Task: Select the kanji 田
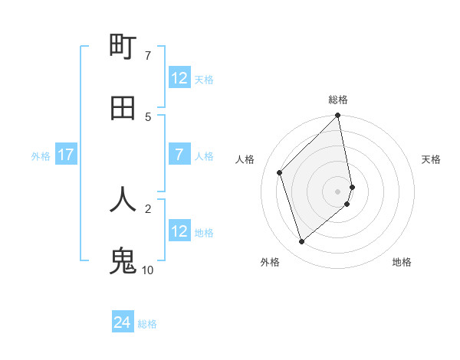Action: coord(123,108)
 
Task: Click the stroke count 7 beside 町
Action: coord(147,55)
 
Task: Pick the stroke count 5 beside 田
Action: coord(147,116)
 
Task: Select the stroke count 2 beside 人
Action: coord(147,208)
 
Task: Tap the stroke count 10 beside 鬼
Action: coord(147,269)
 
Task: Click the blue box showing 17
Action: coord(66,155)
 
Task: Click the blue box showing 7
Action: coord(179,155)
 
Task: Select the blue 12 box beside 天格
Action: coord(179,78)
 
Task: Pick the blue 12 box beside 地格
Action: coord(179,231)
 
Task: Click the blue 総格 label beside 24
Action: coord(148,324)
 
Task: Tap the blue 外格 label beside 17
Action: coord(41,156)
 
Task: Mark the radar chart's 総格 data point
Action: coord(338,116)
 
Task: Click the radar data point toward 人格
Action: coord(280,172)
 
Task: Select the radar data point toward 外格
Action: coord(301,242)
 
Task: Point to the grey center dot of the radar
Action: coord(338,191)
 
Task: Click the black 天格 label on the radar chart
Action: coord(432,159)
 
